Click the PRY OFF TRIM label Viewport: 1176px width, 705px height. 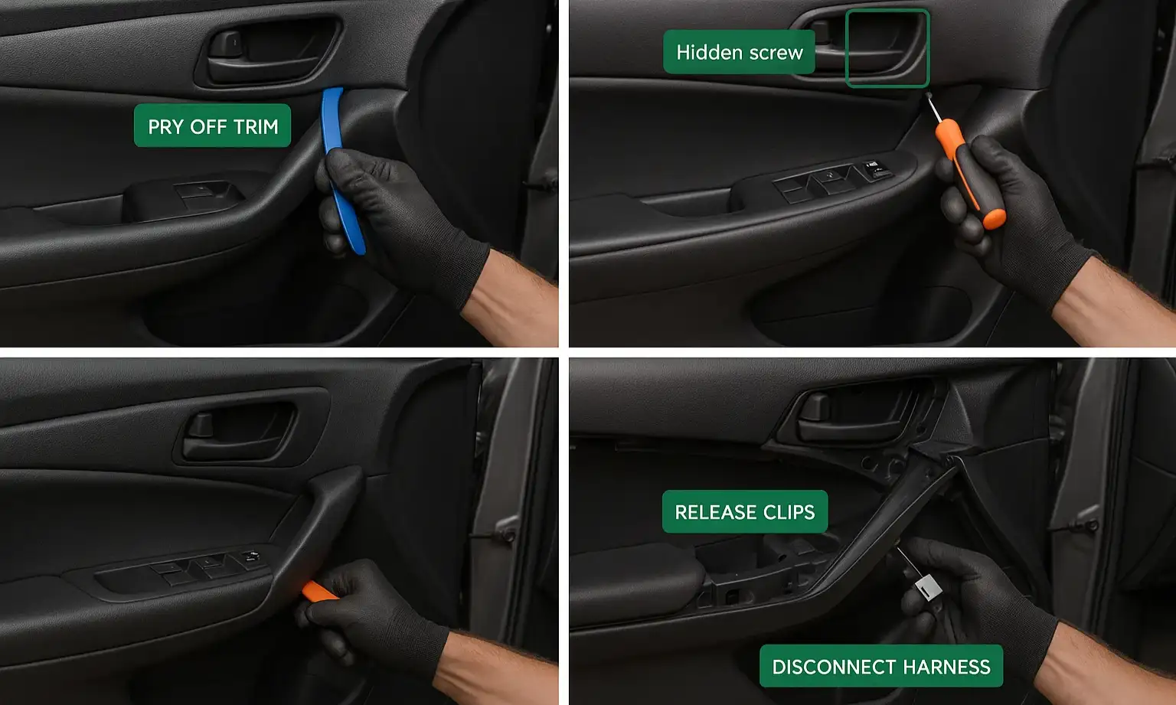(x=212, y=126)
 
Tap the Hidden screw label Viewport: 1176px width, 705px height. (x=739, y=52)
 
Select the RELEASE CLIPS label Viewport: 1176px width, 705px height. (x=744, y=511)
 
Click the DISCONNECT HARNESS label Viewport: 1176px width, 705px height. (x=880, y=666)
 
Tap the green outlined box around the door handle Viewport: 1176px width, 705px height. (x=887, y=48)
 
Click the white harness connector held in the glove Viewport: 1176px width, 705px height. (x=928, y=587)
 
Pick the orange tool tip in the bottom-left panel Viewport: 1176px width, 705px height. (x=318, y=591)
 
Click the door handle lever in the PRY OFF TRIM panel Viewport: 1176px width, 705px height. (x=227, y=44)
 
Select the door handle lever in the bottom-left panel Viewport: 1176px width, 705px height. (x=201, y=426)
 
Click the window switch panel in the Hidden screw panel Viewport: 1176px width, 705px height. (x=831, y=181)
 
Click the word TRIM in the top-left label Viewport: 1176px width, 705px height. (x=256, y=126)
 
